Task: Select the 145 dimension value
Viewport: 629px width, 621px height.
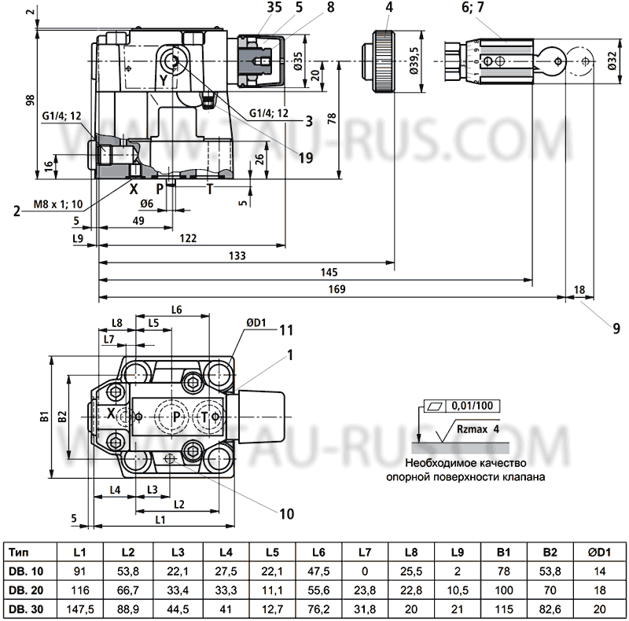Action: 329,272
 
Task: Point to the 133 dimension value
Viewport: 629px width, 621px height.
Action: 237,255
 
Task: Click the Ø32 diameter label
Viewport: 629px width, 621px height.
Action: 612,60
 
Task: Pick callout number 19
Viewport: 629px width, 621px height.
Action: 304,157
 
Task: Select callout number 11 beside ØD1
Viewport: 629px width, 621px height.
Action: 286,329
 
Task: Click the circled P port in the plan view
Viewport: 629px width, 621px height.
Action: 175,416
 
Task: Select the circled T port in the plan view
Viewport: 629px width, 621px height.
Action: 207,416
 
